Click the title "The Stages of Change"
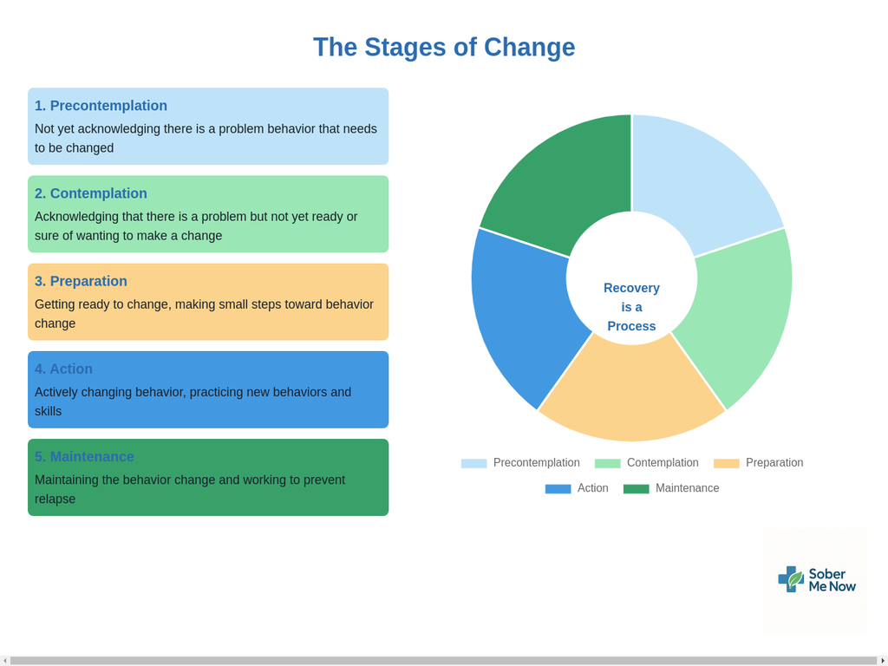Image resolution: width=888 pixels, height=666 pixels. [x=444, y=47]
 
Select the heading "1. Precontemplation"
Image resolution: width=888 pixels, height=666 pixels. [x=101, y=106]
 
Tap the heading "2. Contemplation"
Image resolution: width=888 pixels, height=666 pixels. [x=90, y=193]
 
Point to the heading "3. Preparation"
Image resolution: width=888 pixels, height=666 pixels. [x=81, y=282]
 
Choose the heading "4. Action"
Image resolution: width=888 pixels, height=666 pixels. [x=63, y=369]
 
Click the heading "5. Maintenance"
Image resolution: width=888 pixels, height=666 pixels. [x=84, y=457]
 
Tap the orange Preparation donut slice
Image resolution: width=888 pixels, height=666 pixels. [x=631, y=391]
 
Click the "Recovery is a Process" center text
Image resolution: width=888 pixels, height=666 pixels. [x=631, y=307]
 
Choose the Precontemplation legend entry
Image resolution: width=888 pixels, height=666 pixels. [x=520, y=463]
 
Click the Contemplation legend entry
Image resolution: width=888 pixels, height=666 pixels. [x=646, y=463]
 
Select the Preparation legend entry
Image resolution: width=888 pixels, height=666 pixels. [x=758, y=463]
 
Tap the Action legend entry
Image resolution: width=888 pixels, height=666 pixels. [x=577, y=488]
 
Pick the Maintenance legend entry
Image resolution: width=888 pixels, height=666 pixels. [x=671, y=488]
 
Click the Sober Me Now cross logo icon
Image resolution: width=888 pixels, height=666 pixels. [x=791, y=578]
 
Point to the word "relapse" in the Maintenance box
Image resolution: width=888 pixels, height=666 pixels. [x=55, y=499]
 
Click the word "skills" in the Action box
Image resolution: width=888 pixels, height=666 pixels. [x=49, y=411]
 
